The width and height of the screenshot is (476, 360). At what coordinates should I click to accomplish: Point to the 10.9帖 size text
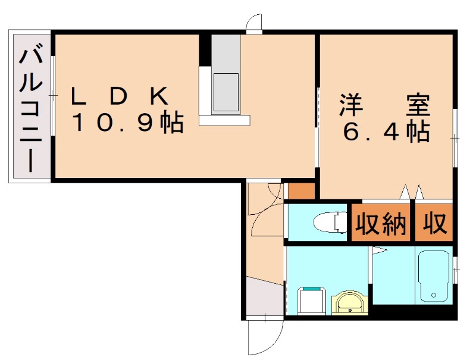pyautogui.click(x=127, y=123)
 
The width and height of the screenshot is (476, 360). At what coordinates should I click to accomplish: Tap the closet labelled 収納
pyautogui.click(x=381, y=224)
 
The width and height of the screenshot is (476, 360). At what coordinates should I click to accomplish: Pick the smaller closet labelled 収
pyautogui.click(x=434, y=224)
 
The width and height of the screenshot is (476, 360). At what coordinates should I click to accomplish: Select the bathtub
pyautogui.click(x=435, y=277)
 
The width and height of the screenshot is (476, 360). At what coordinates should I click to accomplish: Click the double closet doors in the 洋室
pyautogui.click(x=412, y=192)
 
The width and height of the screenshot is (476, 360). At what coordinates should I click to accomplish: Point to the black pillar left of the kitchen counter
pyautogui.click(x=205, y=50)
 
